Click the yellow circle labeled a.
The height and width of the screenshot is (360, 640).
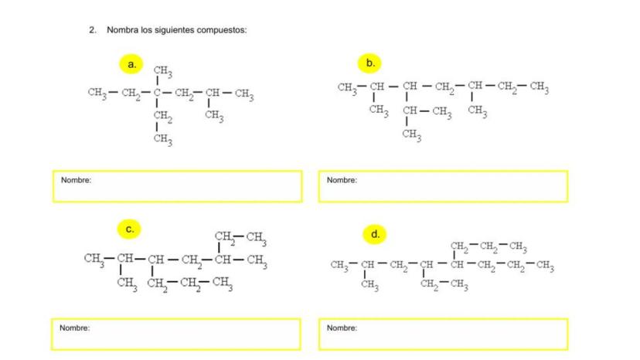(131, 64)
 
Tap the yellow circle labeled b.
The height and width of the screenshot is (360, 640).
(370, 63)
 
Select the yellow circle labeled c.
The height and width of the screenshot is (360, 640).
(129, 229)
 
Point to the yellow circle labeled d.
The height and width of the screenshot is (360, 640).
(375, 233)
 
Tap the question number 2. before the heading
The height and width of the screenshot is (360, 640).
(93, 30)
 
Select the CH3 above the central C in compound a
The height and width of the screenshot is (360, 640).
(162, 72)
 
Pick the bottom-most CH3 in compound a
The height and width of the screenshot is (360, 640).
(162, 139)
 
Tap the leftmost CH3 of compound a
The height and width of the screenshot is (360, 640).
(97, 94)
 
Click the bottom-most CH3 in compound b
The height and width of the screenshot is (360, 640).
(412, 136)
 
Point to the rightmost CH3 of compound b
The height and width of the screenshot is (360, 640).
(539, 87)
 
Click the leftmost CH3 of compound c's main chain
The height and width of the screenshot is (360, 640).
(94, 259)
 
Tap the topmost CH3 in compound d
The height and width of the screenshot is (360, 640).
(517, 247)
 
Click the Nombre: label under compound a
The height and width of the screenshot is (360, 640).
(76, 180)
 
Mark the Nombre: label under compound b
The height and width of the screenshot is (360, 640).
(342, 180)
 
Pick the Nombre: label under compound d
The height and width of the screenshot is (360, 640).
(342, 328)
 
